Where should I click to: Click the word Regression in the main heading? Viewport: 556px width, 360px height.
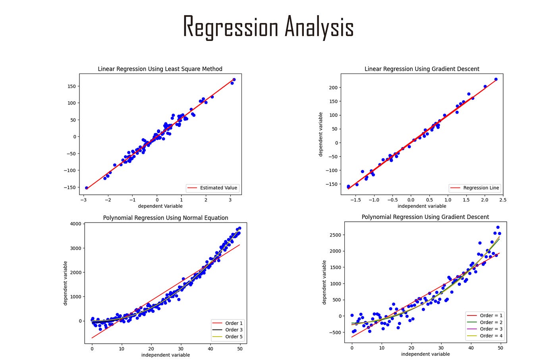click(x=230, y=27)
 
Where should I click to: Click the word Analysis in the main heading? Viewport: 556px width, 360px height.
click(x=319, y=27)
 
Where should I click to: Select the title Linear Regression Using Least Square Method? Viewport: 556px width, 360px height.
click(x=160, y=69)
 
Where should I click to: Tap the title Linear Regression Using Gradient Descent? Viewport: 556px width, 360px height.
click(x=422, y=69)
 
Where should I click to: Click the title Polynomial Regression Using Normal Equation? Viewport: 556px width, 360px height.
click(x=166, y=218)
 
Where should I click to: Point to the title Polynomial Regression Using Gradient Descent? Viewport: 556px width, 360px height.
click(x=425, y=217)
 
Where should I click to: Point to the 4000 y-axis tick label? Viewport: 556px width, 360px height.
click(x=75, y=224)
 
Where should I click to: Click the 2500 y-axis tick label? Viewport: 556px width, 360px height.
click(x=335, y=235)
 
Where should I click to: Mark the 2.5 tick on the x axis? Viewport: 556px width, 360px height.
click(x=503, y=200)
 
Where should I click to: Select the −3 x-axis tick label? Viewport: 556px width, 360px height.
click(x=83, y=200)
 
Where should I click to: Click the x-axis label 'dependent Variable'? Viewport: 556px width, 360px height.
click(x=160, y=206)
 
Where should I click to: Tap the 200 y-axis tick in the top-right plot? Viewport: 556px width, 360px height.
click(x=333, y=87)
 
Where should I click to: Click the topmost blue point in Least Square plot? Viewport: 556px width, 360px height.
click(x=234, y=79)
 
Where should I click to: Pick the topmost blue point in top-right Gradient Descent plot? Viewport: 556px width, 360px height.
click(x=496, y=79)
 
